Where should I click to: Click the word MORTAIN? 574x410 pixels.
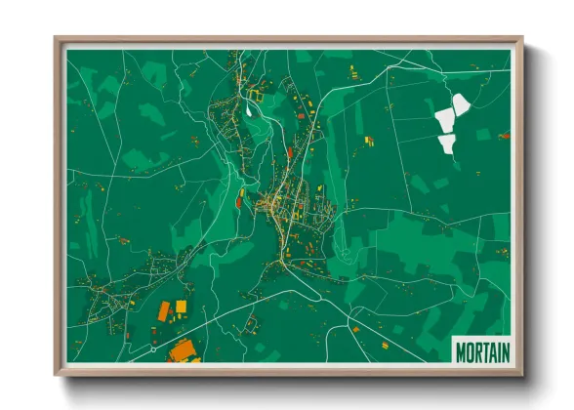[482, 349]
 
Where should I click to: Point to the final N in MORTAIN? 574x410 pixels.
[505, 349]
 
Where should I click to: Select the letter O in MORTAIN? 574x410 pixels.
[470, 349]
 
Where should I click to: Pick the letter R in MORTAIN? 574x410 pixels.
[477, 349]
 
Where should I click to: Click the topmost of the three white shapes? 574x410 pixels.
[457, 102]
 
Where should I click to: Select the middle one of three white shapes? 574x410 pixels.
[445, 121]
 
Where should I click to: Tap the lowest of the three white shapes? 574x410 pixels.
[447, 144]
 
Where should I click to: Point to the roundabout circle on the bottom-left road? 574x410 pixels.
[153, 347]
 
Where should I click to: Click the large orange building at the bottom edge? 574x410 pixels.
[182, 351]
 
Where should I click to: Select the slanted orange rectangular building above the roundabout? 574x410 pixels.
[164, 311]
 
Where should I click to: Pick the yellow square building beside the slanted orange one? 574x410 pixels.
[181, 307]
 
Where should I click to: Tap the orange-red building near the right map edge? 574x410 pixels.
[504, 136]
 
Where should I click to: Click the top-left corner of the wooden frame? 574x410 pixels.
[57, 40]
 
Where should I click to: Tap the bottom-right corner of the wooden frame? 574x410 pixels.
[521, 374]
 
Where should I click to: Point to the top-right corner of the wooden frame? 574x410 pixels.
[521, 40]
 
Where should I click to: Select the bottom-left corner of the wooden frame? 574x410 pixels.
[57, 374]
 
